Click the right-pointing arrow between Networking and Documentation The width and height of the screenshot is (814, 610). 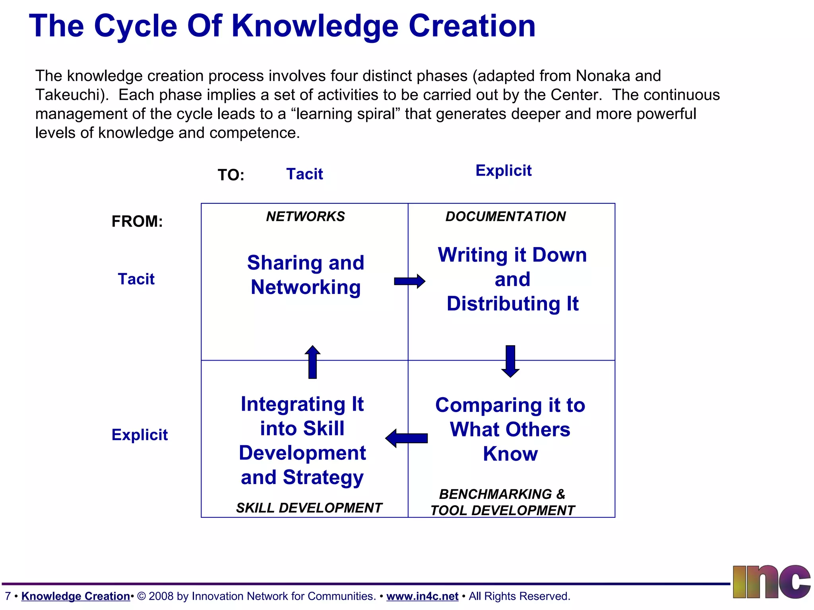[x=409, y=281]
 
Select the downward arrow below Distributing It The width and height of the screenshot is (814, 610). [x=510, y=361]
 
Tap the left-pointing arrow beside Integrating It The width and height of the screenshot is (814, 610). [x=406, y=438]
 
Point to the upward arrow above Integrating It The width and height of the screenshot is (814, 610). [x=312, y=362]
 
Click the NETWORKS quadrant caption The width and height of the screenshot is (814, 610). [x=305, y=216]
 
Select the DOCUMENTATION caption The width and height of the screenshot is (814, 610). [x=505, y=216]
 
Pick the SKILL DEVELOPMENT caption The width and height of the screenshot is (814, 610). [x=309, y=508]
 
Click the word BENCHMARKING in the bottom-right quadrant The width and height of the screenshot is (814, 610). [x=495, y=494]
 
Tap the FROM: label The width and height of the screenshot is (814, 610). [x=137, y=221]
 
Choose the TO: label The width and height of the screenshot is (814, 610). [x=231, y=175]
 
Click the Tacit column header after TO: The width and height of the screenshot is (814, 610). [x=304, y=174]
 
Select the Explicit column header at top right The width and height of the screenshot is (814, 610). [x=503, y=170]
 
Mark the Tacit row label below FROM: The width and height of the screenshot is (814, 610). [x=136, y=279]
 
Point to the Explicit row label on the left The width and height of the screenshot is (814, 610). [x=140, y=434]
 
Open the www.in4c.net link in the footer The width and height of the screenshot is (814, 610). [x=422, y=596]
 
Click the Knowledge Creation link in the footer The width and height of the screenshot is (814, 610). [x=76, y=596]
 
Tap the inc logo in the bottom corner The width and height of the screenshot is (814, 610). [x=771, y=582]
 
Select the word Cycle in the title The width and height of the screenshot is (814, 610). [x=136, y=26]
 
